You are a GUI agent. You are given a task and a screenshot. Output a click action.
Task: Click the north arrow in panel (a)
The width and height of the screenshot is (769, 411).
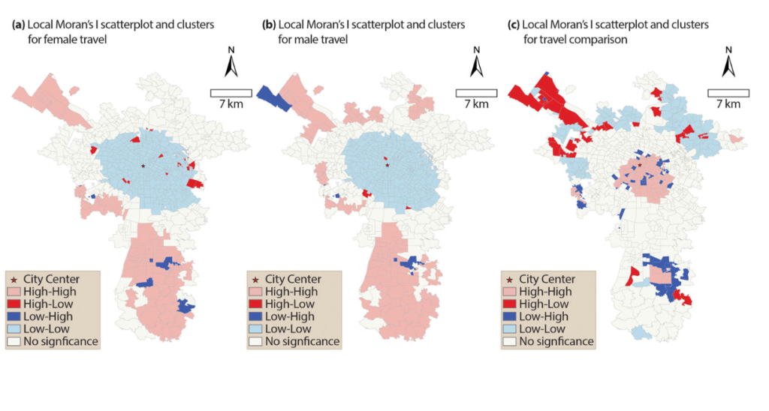tap(231, 67)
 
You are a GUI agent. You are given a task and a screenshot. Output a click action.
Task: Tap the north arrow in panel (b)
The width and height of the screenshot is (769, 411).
tap(476, 67)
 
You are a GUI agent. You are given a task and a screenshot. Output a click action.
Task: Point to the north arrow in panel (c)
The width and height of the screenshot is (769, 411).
tap(728, 67)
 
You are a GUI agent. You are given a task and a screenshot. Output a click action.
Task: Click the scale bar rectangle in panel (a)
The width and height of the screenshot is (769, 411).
tap(231, 93)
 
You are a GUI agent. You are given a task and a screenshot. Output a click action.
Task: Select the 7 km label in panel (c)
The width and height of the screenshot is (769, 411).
tap(728, 103)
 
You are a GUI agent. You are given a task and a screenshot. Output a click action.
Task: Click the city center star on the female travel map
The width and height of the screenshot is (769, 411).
tap(143, 166)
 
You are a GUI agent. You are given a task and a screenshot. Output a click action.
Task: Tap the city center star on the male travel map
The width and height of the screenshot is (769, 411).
tap(388, 165)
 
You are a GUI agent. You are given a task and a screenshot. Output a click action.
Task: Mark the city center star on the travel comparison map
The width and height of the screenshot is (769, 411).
tap(640, 165)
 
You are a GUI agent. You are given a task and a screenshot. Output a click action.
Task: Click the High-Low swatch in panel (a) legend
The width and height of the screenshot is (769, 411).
tap(14, 304)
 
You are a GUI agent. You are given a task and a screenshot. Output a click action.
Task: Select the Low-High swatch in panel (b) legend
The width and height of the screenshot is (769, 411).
tap(255, 317)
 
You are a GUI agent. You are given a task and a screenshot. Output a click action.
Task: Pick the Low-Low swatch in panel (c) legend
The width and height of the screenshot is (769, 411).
tap(510, 329)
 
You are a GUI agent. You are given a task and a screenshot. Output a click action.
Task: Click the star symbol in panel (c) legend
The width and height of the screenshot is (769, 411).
tap(510, 280)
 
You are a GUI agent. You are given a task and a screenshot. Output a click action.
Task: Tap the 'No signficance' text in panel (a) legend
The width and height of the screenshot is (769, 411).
tap(61, 341)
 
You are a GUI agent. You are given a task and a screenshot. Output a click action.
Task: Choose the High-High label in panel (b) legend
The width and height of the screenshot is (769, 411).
tap(291, 292)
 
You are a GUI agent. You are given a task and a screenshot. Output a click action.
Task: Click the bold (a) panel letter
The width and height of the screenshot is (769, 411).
tap(19, 25)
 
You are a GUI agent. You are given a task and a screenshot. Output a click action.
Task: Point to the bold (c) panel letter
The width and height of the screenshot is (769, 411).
tap(514, 25)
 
